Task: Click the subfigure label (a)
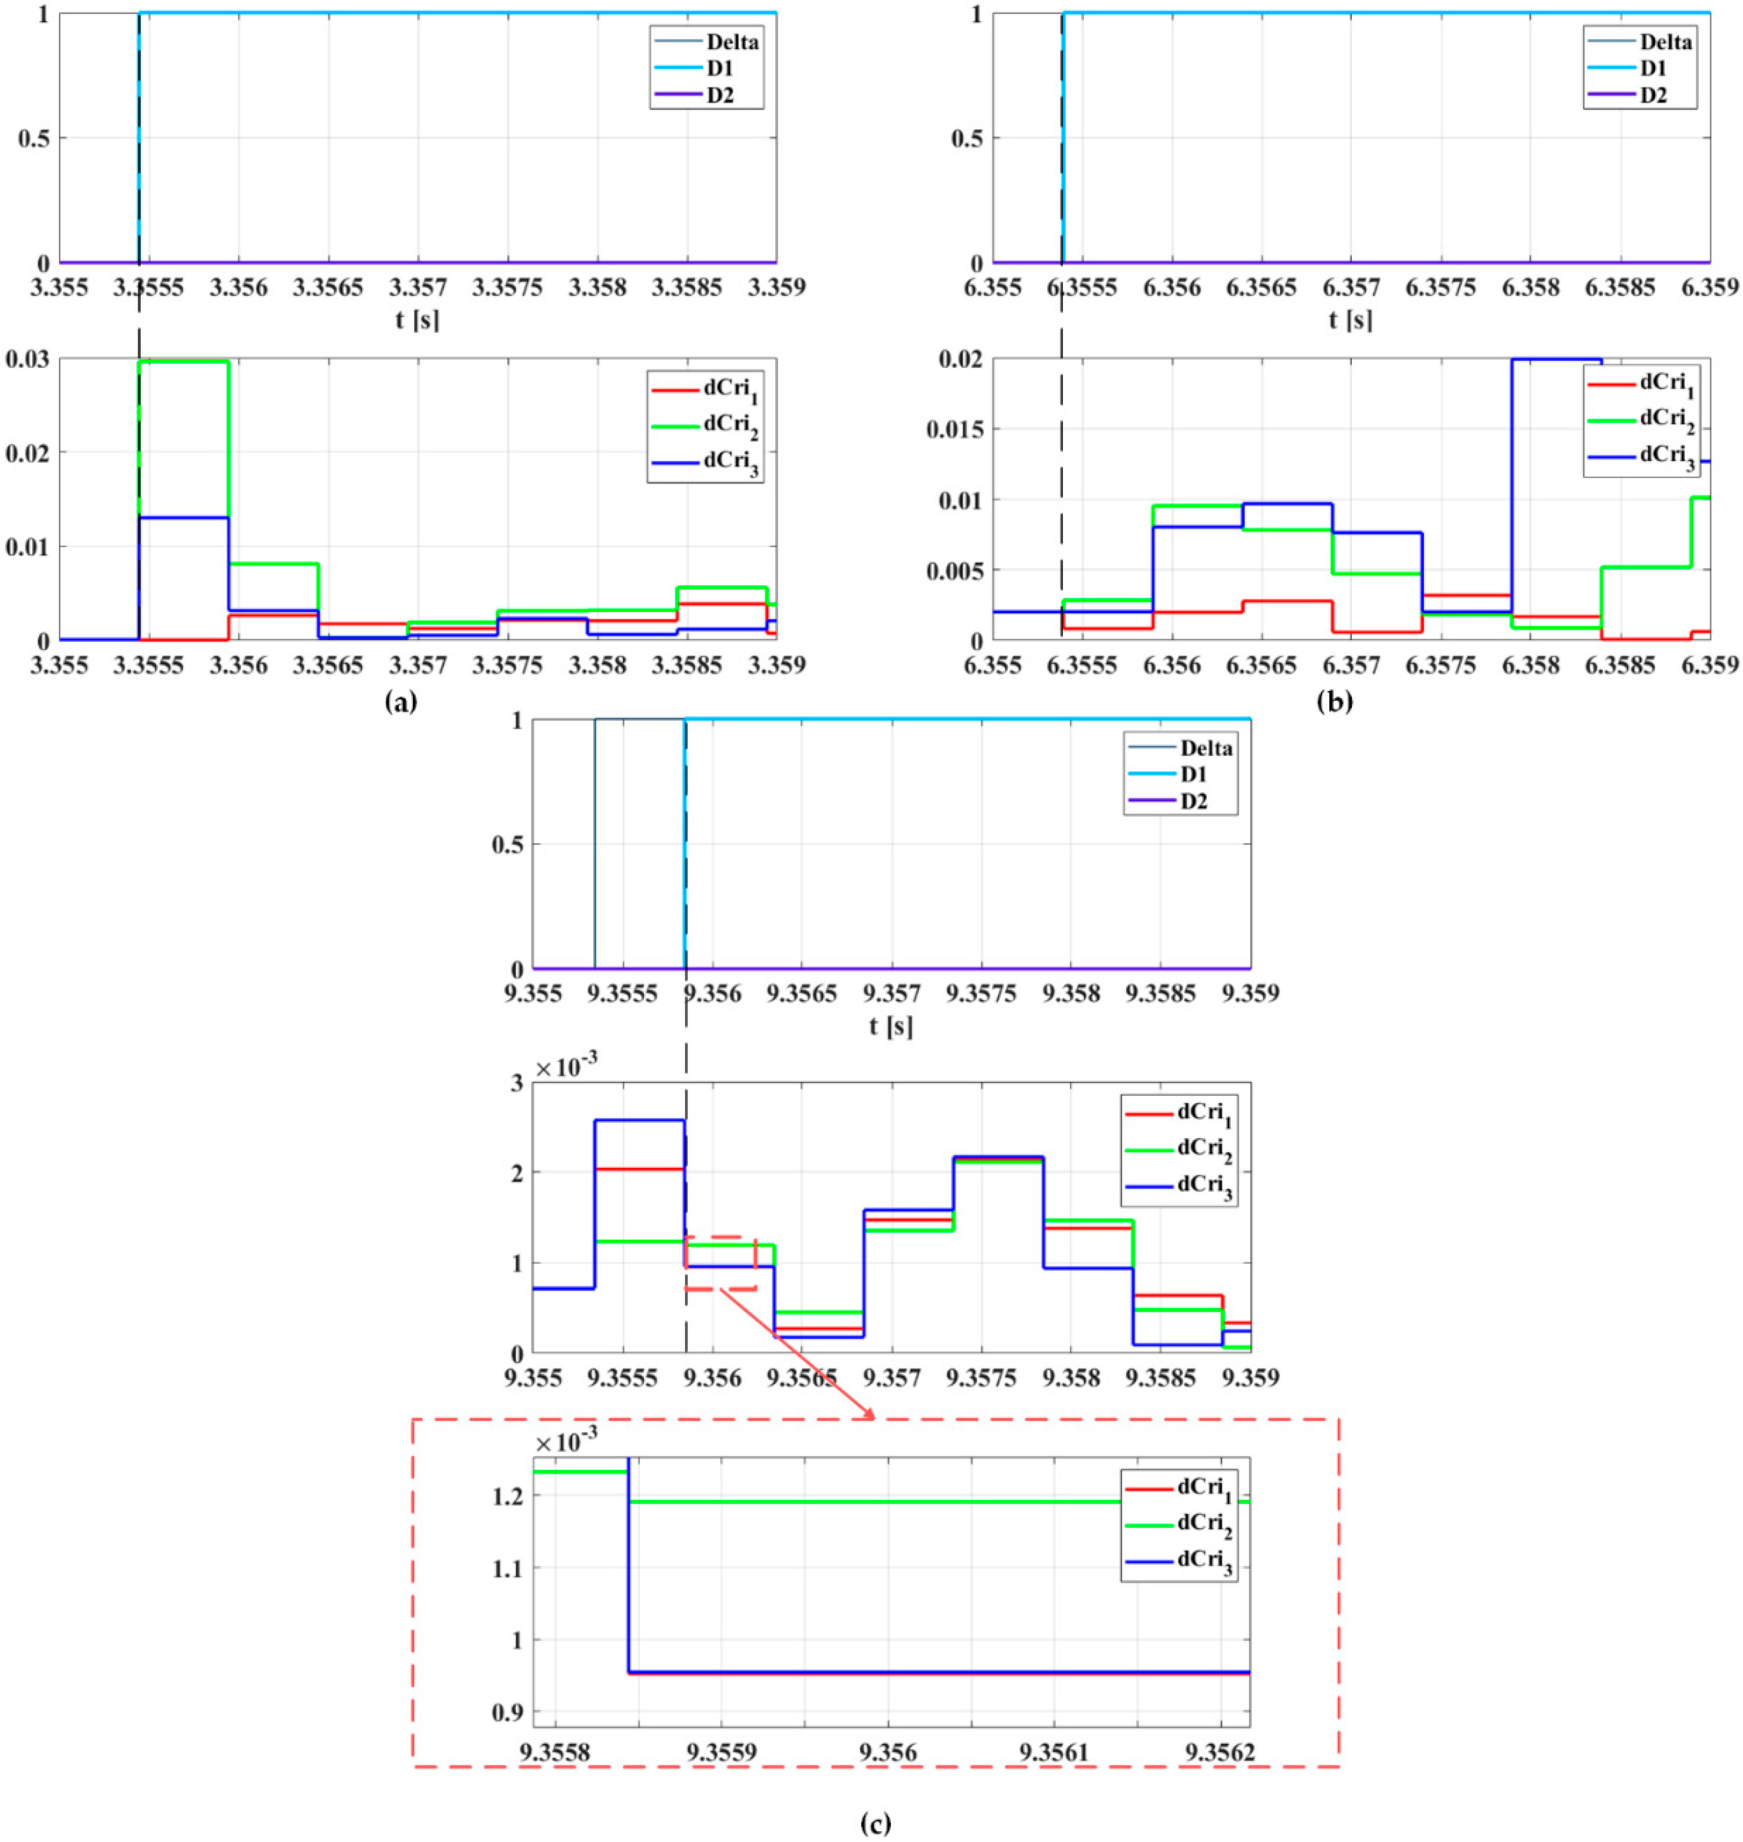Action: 400,703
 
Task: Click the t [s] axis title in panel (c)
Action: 891,1026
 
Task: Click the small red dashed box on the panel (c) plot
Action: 721,1262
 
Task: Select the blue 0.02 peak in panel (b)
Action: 1556,360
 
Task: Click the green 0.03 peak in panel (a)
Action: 183,362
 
